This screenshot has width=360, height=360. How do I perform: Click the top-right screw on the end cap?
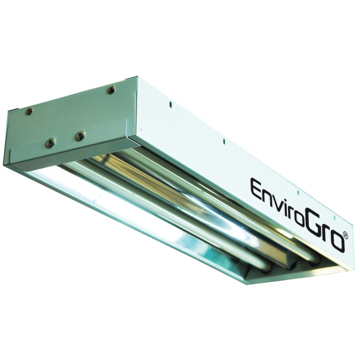pyautogui.click(x=112, y=89)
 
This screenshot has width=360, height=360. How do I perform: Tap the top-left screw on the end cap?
pyautogui.click(x=30, y=111)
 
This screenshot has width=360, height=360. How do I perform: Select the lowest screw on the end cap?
pyautogui.click(x=51, y=143)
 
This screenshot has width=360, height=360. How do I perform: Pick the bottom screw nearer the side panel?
pyautogui.click(x=80, y=135)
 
